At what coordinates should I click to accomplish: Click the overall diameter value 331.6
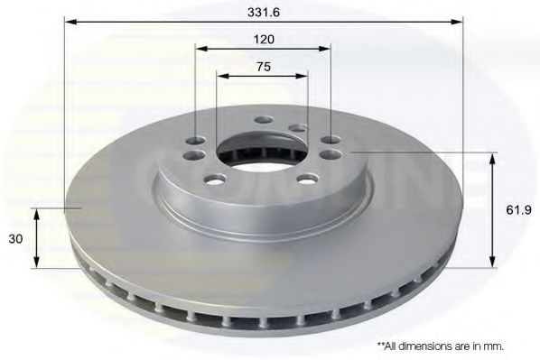pyautogui.click(x=264, y=13)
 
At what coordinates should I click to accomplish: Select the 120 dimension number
pyautogui.click(x=264, y=40)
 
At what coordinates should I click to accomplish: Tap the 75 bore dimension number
pyautogui.click(x=264, y=67)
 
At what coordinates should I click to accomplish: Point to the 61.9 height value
pyautogui.click(x=518, y=209)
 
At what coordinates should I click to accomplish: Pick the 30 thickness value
pyautogui.click(x=15, y=238)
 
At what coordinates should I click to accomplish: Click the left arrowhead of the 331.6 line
pyautogui.click(x=70, y=22)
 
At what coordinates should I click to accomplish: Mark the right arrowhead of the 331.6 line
pyautogui.click(x=457, y=22)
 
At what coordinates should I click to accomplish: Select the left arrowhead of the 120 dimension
pyautogui.click(x=201, y=48)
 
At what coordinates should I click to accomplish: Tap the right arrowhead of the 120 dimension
pyautogui.click(x=325, y=48)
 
